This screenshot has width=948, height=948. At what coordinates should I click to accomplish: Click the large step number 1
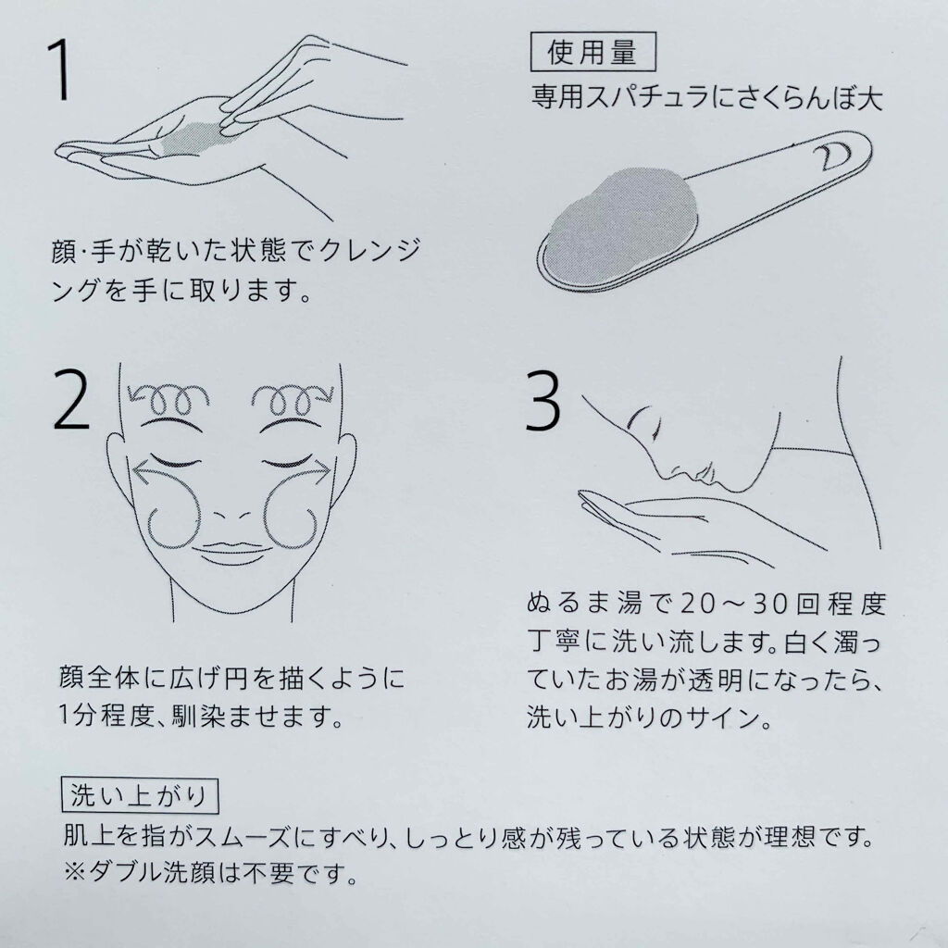click(60, 70)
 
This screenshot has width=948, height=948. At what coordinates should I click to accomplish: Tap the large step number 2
click(71, 400)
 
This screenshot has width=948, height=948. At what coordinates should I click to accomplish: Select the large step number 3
click(543, 401)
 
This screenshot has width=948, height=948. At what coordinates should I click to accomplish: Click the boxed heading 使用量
click(592, 52)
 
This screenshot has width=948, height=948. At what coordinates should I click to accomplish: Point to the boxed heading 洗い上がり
click(140, 795)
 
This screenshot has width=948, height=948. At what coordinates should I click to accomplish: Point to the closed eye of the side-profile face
click(641, 418)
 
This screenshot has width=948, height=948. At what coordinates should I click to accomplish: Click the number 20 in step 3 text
click(698, 604)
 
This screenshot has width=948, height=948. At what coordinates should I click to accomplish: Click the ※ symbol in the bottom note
click(75, 872)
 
